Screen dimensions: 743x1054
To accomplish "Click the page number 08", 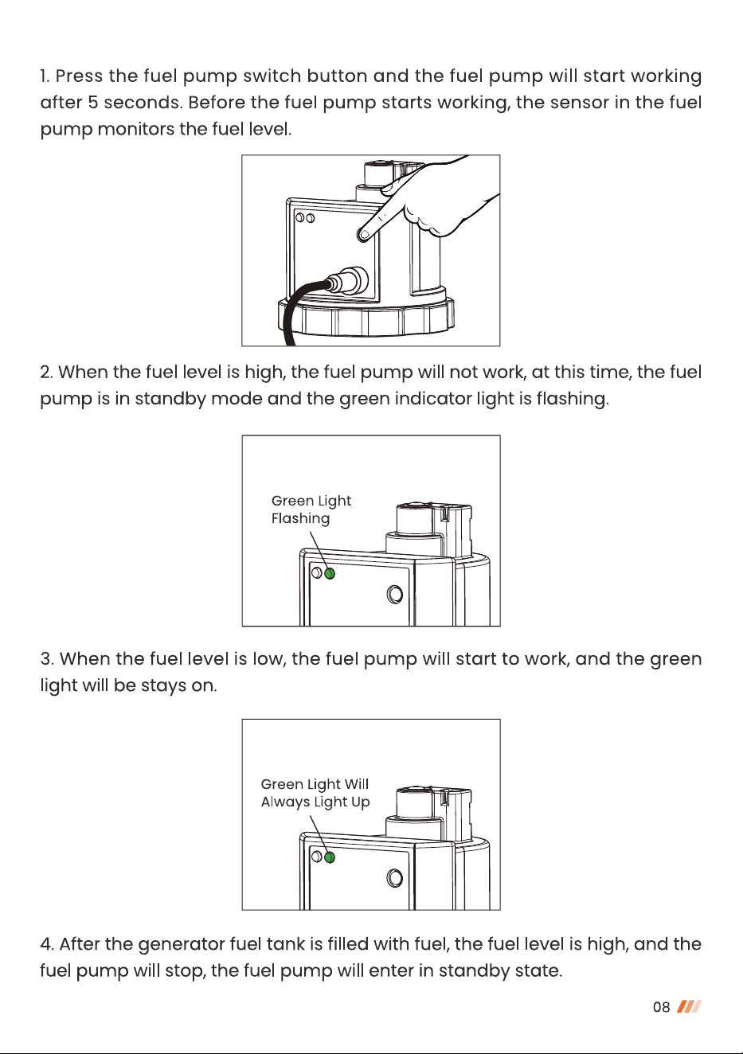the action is [x=661, y=1007].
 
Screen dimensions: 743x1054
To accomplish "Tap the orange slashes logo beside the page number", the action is [x=689, y=1006].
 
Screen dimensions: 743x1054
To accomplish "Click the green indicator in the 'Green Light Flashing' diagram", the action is [x=330, y=574].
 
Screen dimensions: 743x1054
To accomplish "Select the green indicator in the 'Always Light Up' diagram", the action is [x=330, y=857].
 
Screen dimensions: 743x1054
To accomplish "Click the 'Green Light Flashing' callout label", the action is [x=311, y=509].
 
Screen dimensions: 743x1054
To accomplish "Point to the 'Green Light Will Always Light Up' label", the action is [x=315, y=793].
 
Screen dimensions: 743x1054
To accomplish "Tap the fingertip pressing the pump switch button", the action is [x=363, y=234].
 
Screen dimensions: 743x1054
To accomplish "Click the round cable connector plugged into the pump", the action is [x=349, y=281].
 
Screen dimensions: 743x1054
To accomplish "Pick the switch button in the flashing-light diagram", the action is [x=394, y=595].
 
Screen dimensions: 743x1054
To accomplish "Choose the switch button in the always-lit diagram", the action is [x=394, y=878].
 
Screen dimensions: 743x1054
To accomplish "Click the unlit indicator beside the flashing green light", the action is [x=317, y=572].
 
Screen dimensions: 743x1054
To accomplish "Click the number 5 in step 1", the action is [x=92, y=103].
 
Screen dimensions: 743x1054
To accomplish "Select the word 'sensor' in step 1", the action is [x=579, y=103].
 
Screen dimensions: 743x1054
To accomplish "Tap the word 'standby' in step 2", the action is [x=170, y=400].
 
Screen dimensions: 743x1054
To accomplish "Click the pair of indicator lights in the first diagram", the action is [x=305, y=218].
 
